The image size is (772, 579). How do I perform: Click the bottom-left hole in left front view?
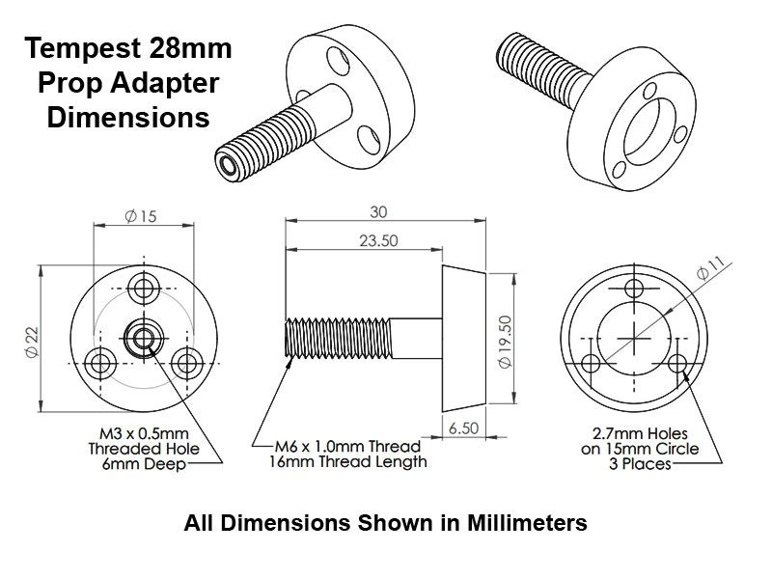coord(100,363)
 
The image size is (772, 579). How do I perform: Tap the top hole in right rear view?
coord(634,288)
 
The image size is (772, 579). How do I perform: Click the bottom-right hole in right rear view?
coord(677,363)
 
